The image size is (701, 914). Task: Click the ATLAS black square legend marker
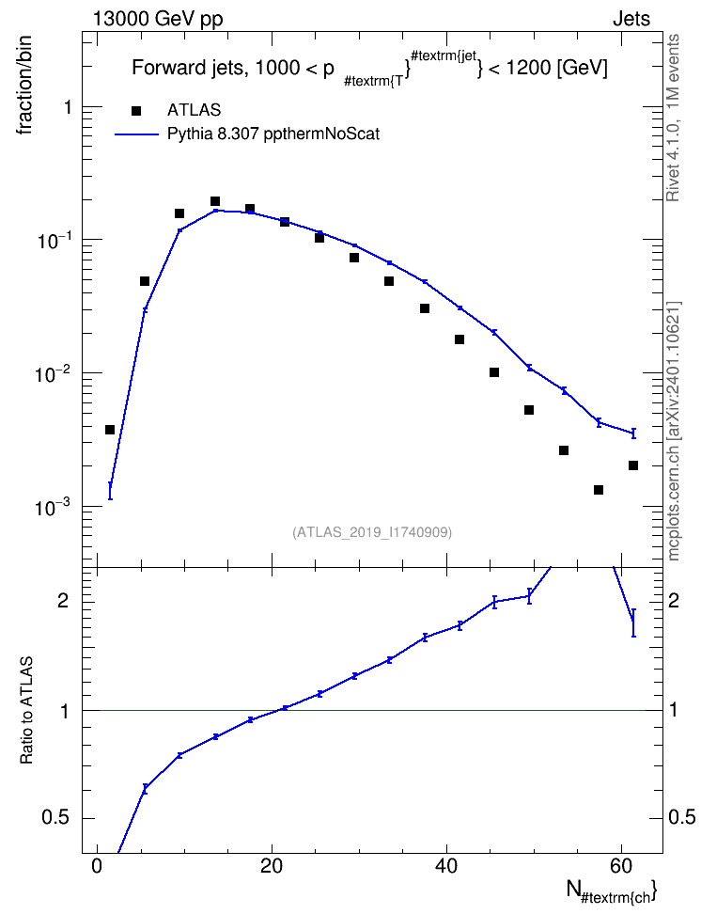click(136, 111)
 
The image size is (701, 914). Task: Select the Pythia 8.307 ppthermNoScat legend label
click(273, 134)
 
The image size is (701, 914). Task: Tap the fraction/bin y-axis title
click(24, 86)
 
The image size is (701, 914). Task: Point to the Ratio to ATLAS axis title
click(26, 711)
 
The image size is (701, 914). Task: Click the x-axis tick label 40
click(446, 866)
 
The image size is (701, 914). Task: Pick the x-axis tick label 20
click(272, 866)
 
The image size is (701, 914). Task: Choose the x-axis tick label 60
click(621, 866)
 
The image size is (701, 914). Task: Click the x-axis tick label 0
click(98, 866)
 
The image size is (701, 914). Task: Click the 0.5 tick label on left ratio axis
click(55, 818)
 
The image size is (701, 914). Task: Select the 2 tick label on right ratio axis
click(674, 601)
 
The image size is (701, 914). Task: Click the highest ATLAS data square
click(215, 201)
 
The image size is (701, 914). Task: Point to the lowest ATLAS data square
click(599, 490)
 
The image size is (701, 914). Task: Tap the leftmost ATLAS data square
click(110, 430)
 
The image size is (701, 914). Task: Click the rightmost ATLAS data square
click(633, 465)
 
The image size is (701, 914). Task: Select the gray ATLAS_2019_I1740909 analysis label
click(372, 532)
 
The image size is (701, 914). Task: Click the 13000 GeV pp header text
click(158, 19)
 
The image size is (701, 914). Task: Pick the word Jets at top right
click(631, 19)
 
